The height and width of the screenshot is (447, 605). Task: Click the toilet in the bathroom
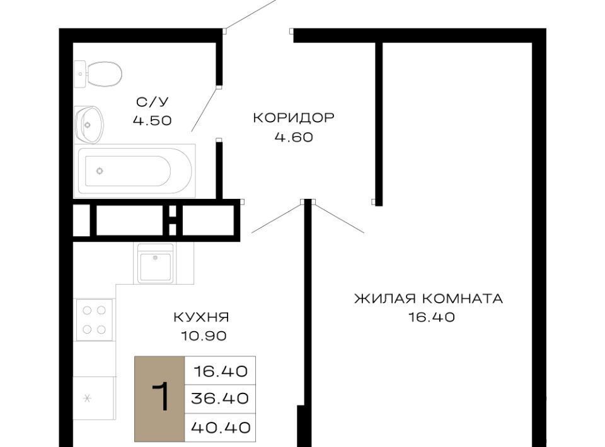99,74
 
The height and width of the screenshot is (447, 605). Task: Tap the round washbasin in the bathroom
89,125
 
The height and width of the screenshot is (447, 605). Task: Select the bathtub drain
100,171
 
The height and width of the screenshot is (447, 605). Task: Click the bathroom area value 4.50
152,121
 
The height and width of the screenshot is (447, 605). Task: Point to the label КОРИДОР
294,118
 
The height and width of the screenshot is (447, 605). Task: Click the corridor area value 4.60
294,137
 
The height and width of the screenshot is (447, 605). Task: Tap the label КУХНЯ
202,317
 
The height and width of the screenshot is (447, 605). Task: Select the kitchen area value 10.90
204,336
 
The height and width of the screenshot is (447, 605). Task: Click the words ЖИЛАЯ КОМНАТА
429,298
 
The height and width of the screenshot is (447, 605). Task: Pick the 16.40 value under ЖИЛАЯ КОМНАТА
431,317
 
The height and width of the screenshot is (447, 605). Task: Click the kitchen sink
155,264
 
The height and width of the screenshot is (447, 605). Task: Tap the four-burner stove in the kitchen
95,320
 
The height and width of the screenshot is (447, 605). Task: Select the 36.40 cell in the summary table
220,399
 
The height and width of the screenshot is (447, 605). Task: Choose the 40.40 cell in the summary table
221,427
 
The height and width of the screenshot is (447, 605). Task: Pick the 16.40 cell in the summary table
221,371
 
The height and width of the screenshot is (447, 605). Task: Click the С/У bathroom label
153,102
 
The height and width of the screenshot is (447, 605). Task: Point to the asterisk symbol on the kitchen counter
87,398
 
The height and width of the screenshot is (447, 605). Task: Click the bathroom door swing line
205,110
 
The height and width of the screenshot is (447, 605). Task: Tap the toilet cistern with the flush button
80,74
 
